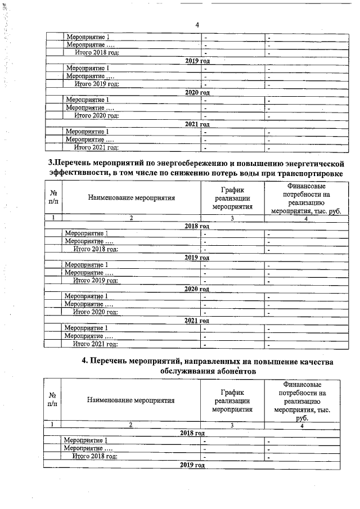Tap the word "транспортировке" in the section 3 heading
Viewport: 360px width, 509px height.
pyautogui.click(x=309, y=173)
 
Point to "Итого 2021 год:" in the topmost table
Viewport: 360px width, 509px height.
pyautogui.click(x=96, y=148)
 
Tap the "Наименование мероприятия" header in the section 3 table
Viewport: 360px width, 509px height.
pyautogui.click(x=131, y=198)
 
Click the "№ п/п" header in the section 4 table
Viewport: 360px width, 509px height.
pyautogui.click(x=52, y=400)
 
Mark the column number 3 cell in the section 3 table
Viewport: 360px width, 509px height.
pyautogui.click(x=231, y=218)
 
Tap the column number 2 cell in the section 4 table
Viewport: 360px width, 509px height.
pyautogui.click(x=130, y=425)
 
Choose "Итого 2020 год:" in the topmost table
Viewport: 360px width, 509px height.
pyautogui.click(x=96, y=116)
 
